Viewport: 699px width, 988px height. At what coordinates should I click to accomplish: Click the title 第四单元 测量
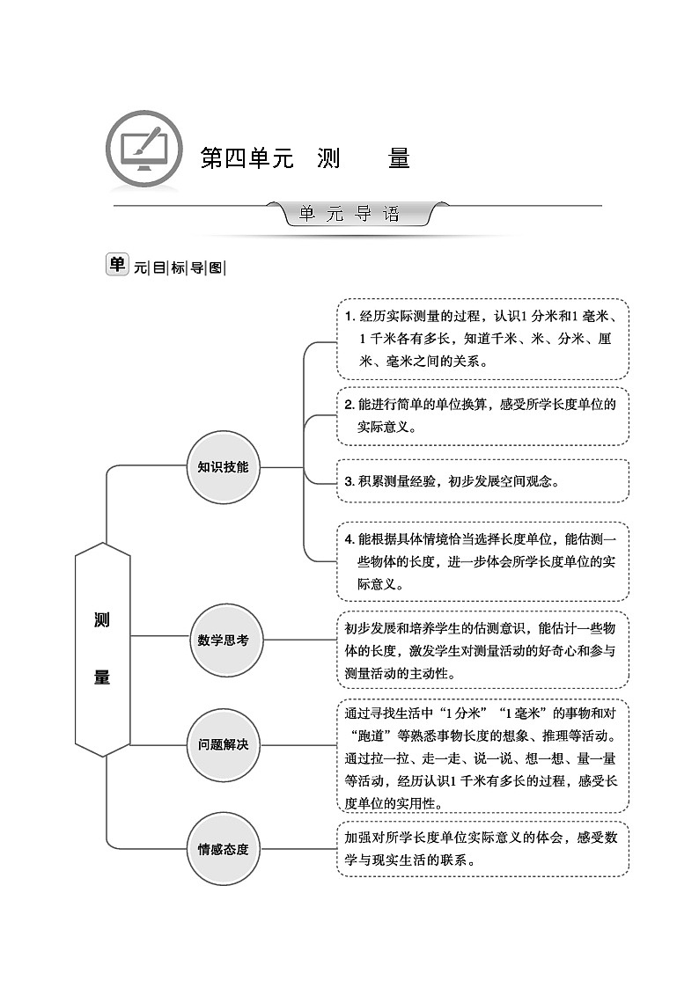click(305, 159)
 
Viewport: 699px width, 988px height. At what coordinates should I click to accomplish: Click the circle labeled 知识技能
click(224, 467)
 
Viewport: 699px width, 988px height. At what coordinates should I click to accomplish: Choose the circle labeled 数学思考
click(224, 640)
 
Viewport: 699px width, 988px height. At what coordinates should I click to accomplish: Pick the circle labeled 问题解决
click(224, 744)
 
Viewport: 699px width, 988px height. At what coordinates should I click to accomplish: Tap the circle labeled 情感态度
click(224, 849)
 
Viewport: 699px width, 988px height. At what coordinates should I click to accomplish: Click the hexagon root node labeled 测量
click(102, 649)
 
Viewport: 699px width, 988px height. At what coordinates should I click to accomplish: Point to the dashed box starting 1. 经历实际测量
click(482, 339)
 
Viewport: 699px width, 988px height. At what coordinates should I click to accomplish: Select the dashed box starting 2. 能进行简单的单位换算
click(482, 415)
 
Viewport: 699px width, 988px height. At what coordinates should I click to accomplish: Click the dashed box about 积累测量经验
click(482, 481)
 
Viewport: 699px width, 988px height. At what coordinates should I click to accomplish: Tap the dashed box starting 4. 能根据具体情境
click(482, 561)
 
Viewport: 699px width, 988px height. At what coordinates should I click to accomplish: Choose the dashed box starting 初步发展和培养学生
click(482, 650)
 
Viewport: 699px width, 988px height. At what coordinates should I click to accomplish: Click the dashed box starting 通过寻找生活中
click(482, 756)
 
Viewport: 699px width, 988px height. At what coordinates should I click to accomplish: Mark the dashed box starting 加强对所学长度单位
click(482, 849)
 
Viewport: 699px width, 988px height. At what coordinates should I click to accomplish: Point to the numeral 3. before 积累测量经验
click(349, 482)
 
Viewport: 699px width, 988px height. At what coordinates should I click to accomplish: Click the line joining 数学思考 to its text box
click(298, 640)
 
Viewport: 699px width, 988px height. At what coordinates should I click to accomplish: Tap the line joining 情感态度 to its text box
click(298, 849)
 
